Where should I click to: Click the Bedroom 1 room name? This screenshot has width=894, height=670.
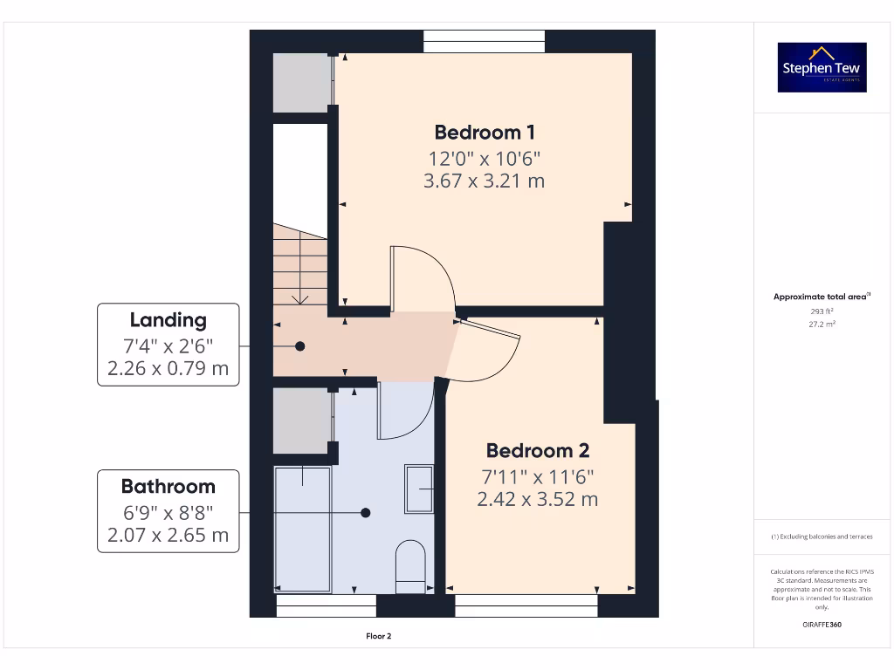click(x=485, y=133)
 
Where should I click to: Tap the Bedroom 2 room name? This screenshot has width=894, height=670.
click(x=537, y=451)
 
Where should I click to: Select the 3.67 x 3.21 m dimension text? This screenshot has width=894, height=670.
click(x=485, y=181)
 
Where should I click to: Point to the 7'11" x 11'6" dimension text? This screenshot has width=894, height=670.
click(x=537, y=477)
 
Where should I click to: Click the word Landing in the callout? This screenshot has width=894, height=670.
click(x=168, y=320)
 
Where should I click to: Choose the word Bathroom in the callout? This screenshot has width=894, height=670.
click(x=168, y=487)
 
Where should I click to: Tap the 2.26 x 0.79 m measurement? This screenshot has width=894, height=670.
click(x=168, y=368)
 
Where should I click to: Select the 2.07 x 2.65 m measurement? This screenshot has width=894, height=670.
click(x=168, y=535)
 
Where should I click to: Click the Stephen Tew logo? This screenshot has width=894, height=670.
click(x=822, y=67)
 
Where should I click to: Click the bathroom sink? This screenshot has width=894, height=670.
click(x=419, y=489)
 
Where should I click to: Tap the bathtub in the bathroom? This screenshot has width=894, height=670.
click(x=303, y=529)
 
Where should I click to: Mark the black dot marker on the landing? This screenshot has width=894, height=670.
click(x=300, y=346)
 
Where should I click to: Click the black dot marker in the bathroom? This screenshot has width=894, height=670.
click(x=367, y=513)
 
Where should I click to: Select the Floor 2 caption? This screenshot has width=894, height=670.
click(x=378, y=637)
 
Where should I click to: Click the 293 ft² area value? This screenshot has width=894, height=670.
click(x=822, y=311)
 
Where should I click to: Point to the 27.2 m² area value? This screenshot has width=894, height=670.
click(x=822, y=323)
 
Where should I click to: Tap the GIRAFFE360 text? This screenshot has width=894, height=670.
click(x=822, y=625)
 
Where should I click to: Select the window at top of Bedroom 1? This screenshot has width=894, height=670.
click(x=485, y=41)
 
